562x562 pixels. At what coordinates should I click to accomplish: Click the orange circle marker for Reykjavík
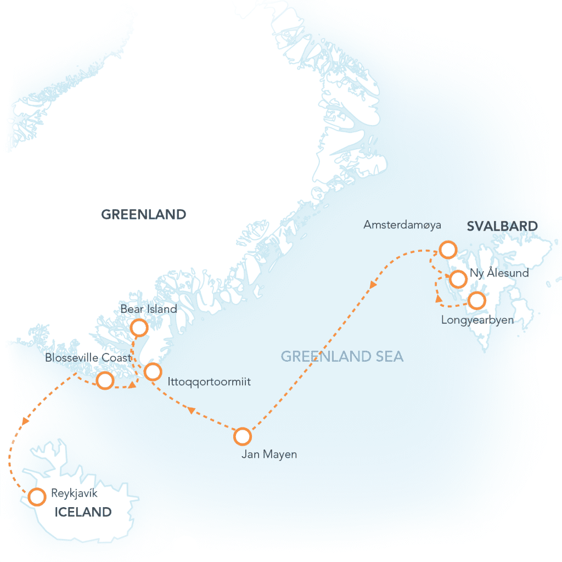tap(37, 497)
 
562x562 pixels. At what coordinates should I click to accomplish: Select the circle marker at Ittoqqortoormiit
tap(153, 372)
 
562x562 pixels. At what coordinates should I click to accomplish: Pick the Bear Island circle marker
tap(139, 328)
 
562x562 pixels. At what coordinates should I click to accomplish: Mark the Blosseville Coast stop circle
tap(104, 380)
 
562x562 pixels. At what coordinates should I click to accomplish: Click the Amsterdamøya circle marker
tap(448, 250)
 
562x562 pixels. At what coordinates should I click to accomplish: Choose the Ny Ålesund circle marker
tap(457, 279)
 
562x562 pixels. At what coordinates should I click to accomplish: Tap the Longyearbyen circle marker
tap(476, 300)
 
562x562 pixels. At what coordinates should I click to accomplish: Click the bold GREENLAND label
tap(144, 215)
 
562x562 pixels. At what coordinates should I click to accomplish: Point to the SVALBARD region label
tap(502, 226)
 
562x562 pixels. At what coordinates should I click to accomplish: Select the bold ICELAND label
tap(82, 513)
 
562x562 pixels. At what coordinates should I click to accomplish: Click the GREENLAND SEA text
tap(342, 357)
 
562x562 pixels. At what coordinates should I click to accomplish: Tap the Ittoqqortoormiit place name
tap(210, 381)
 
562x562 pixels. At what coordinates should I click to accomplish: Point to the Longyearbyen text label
tap(477, 320)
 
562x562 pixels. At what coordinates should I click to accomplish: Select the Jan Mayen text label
tap(269, 454)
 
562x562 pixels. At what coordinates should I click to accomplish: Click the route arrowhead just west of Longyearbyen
tap(439, 299)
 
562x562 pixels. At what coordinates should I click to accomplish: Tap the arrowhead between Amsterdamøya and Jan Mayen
tap(373, 285)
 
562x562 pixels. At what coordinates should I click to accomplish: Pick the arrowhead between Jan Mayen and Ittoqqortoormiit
tap(190, 410)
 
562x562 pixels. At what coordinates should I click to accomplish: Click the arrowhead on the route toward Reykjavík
tap(25, 421)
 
